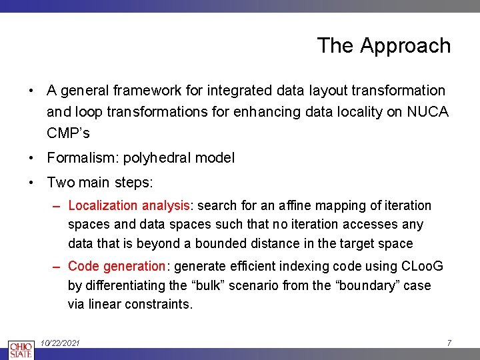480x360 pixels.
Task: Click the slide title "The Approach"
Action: pyautogui.click(x=383, y=45)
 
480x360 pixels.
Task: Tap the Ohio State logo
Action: pyautogui.click(x=21, y=349)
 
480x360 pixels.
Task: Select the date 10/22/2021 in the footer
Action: pyautogui.click(x=60, y=343)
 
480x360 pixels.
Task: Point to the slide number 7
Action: pyautogui.click(x=449, y=343)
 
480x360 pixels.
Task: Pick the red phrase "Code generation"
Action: pyautogui.click(x=117, y=267)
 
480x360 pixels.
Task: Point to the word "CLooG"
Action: pyautogui.click(x=422, y=267)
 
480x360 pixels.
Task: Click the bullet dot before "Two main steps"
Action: pyautogui.click(x=31, y=182)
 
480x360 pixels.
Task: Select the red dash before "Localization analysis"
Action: pyautogui.click(x=58, y=206)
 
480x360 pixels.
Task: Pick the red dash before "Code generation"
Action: pyautogui.click(x=58, y=267)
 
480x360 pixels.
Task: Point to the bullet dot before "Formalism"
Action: pyautogui.click(x=31, y=158)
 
